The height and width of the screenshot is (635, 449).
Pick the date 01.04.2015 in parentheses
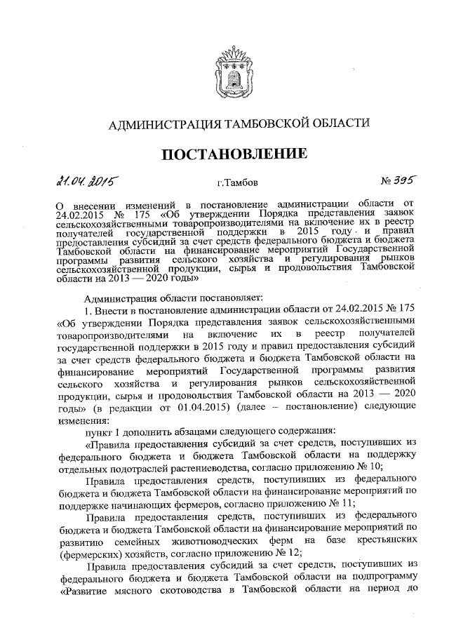click(220, 406)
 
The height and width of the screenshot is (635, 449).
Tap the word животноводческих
click(214, 540)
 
